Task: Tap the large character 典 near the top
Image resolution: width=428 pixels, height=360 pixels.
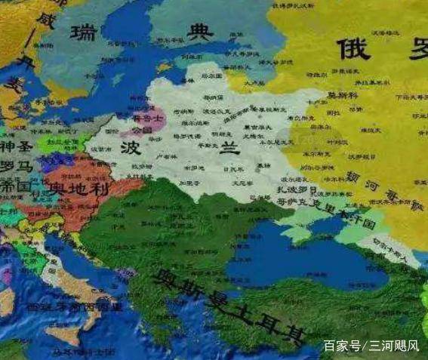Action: [x=201, y=32]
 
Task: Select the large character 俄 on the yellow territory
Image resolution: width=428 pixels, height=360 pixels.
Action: [x=353, y=49]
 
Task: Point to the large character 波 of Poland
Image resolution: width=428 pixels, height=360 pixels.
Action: [x=129, y=147]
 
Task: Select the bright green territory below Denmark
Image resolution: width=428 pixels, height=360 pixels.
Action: [x=48, y=143]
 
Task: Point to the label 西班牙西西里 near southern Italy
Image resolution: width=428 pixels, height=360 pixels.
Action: [x=74, y=308]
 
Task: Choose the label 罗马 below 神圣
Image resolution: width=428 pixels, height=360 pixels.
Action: [x=15, y=166]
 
